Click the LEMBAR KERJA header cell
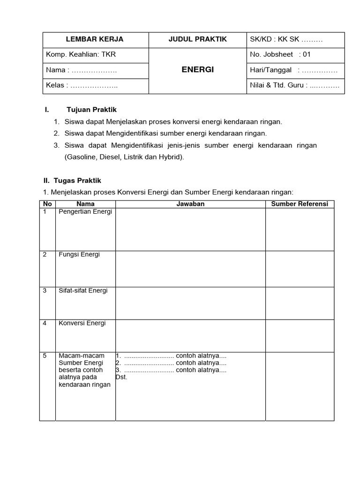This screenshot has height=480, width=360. click(x=95, y=39)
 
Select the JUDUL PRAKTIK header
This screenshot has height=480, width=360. click(x=197, y=39)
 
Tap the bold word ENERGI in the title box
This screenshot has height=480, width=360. click(x=197, y=69)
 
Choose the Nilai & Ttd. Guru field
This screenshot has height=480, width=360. click(x=294, y=85)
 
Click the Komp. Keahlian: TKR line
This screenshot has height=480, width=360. click(x=81, y=54)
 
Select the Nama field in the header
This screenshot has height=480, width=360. click(x=81, y=70)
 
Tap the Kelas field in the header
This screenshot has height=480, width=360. click(x=82, y=85)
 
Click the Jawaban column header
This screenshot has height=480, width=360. click(x=190, y=204)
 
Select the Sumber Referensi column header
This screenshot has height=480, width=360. click(x=300, y=204)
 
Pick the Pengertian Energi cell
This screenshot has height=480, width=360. click(x=85, y=212)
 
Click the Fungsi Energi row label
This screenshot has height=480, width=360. click(x=79, y=255)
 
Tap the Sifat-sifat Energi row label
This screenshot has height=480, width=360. click(x=83, y=291)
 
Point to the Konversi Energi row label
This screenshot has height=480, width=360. click(x=82, y=323)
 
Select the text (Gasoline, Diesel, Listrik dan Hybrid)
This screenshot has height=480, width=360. click(x=124, y=157)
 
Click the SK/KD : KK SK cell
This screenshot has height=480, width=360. click(x=286, y=39)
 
